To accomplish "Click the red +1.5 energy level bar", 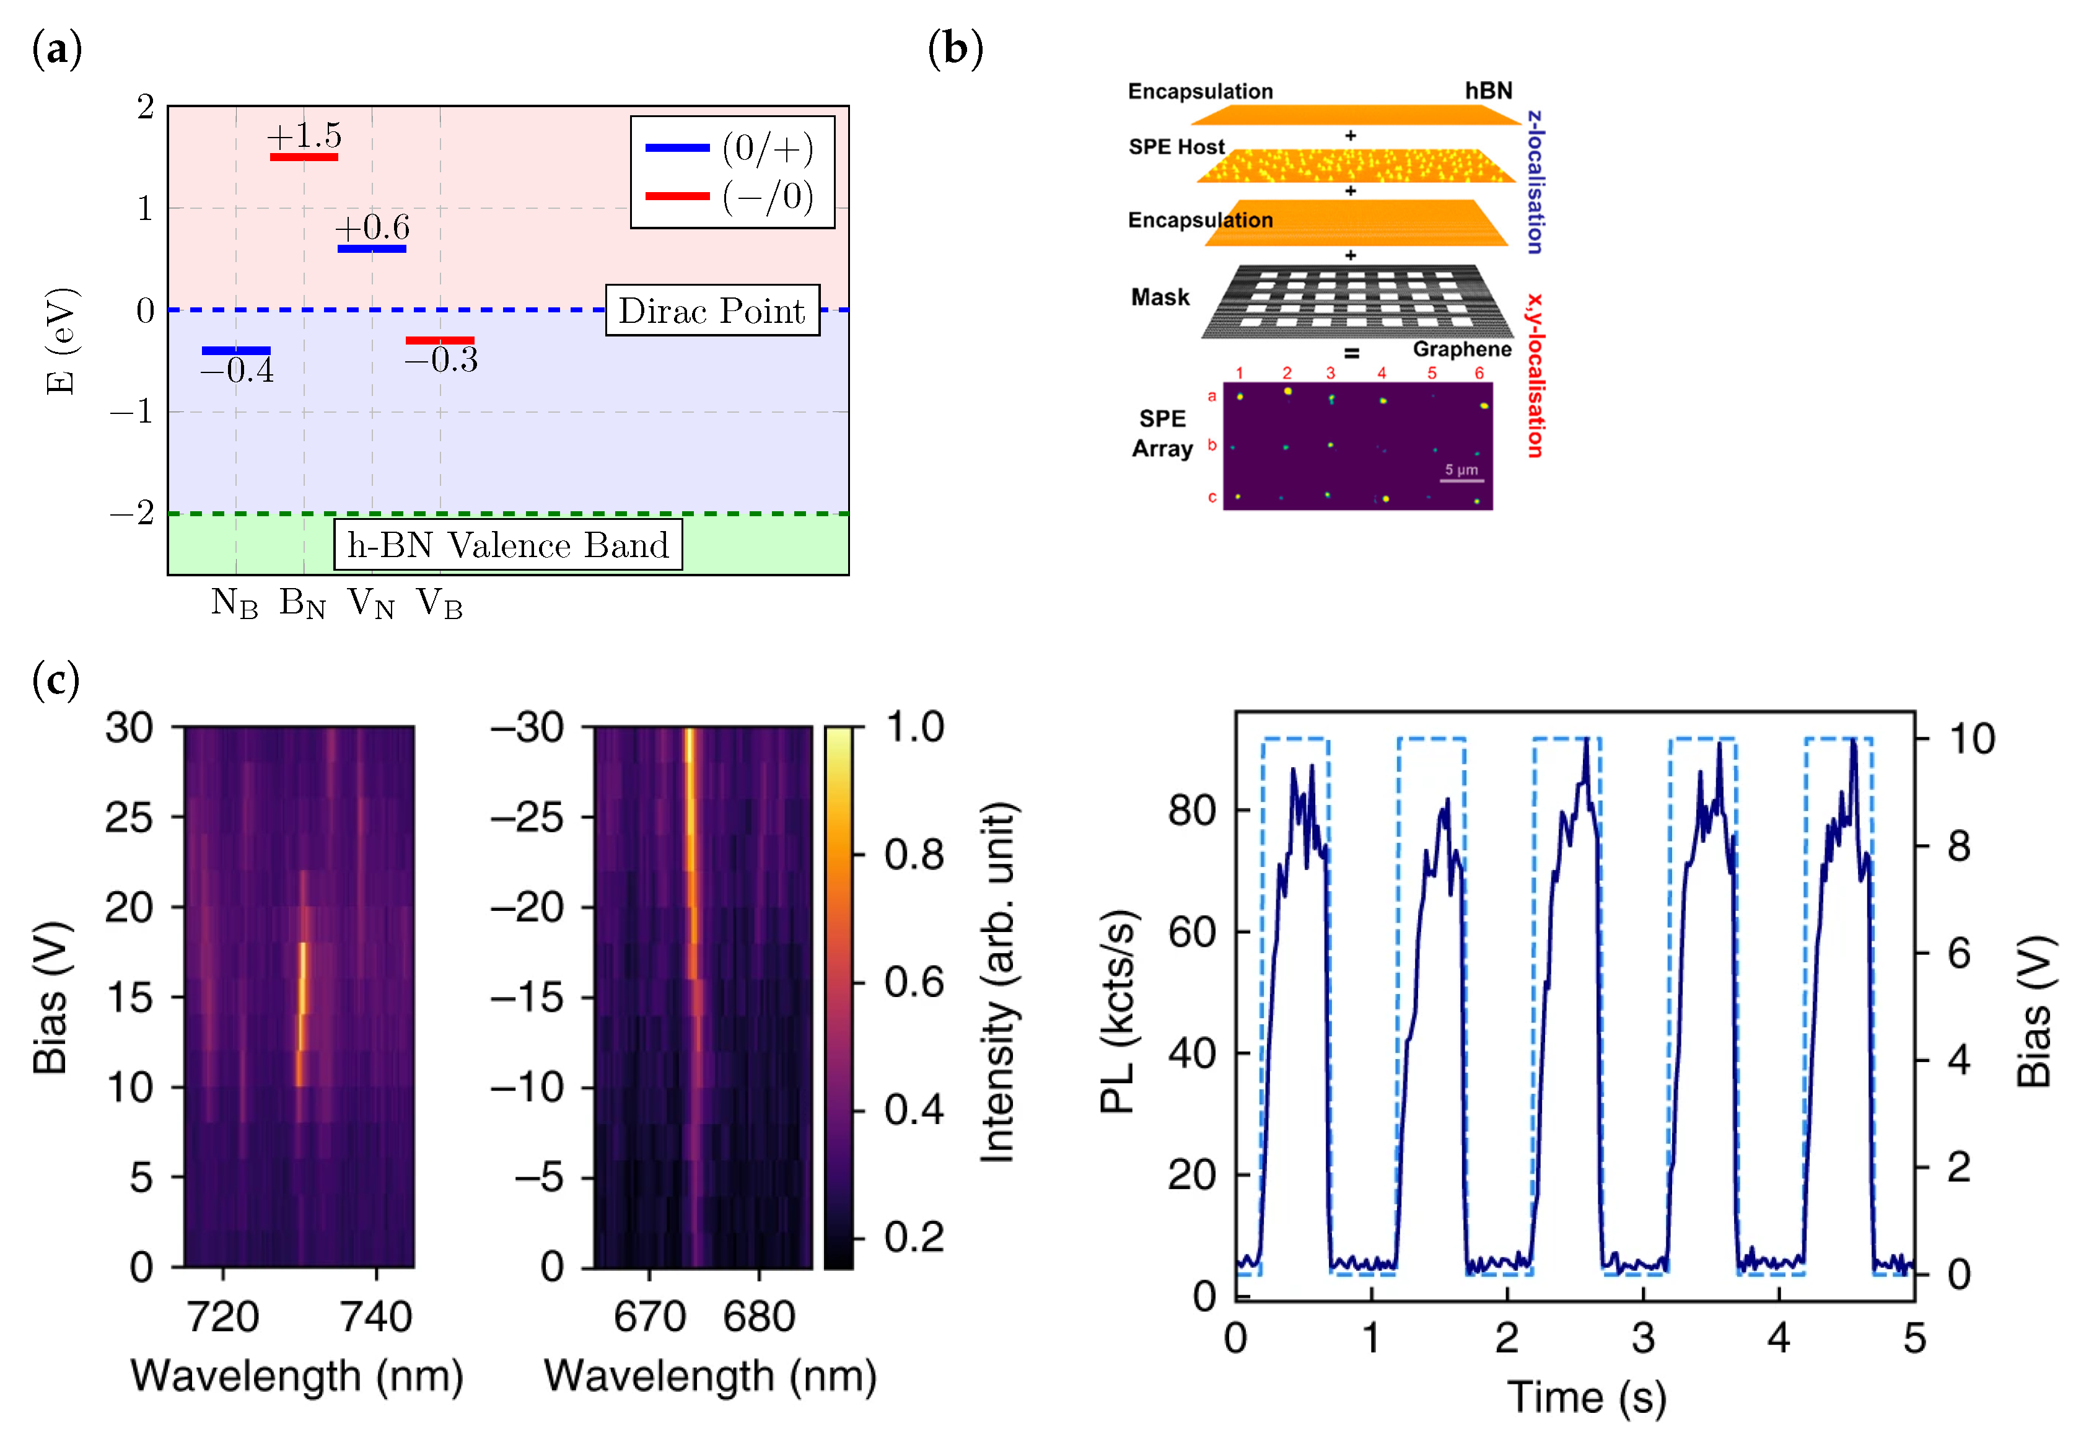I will tap(304, 157).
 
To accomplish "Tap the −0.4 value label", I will tap(237, 371).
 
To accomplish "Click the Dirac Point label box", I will tap(712, 311).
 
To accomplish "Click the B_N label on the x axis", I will tap(302, 602).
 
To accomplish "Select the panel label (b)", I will tap(955, 49).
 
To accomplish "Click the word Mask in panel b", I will tap(1160, 297).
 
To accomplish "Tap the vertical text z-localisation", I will tap(1535, 182).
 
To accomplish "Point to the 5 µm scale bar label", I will tap(1460, 470).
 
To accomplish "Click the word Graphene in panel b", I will tap(1461, 350).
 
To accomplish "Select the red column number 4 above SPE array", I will tap(1381, 373).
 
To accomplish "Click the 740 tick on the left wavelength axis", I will tap(375, 1316).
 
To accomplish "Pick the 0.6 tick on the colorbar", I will tap(914, 982).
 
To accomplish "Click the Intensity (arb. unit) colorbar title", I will tap(998, 982).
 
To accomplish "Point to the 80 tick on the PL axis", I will tap(1191, 811).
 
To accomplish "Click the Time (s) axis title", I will tap(1586, 1397).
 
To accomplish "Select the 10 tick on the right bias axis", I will tap(1973, 739).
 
